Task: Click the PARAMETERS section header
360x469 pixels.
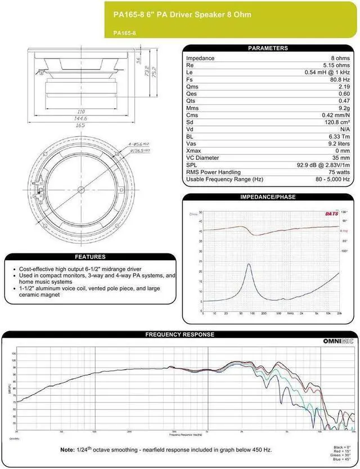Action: pyautogui.click(x=268, y=48)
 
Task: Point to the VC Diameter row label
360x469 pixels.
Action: pyautogui.click(x=203, y=158)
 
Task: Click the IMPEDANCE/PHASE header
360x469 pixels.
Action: pyautogui.click(x=268, y=197)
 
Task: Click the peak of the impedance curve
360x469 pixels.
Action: pyautogui.click(x=248, y=265)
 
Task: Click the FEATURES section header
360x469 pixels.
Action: pyautogui.click(x=89, y=257)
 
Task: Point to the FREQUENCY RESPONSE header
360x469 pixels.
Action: pyautogui.click(x=179, y=334)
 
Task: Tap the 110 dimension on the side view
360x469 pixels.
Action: pyautogui.click(x=80, y=112)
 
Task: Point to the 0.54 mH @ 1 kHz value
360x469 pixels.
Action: pyautogui.click(x=327, y=72)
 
